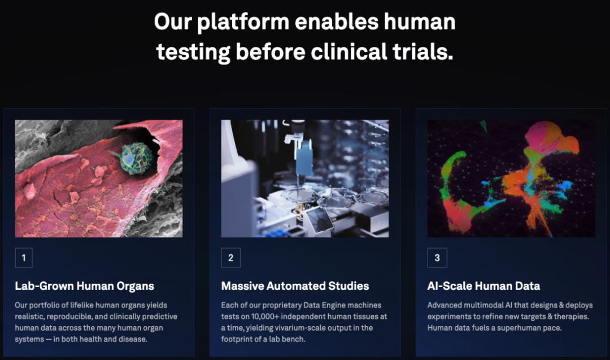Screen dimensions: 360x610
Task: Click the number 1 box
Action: click(x=24, y=258)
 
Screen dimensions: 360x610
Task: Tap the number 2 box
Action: click(x=230, y=258)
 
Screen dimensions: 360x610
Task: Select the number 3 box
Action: click(x=437, y=258)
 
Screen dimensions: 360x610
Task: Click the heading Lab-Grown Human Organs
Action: click(x=85, y=286)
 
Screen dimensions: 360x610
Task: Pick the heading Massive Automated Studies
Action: click(x=295, y=286)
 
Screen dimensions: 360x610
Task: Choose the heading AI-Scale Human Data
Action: click(x=483, y=286)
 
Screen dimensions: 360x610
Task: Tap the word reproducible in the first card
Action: click(x=74, y=316)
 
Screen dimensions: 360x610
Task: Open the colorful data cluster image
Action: click(x=511, y=178)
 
